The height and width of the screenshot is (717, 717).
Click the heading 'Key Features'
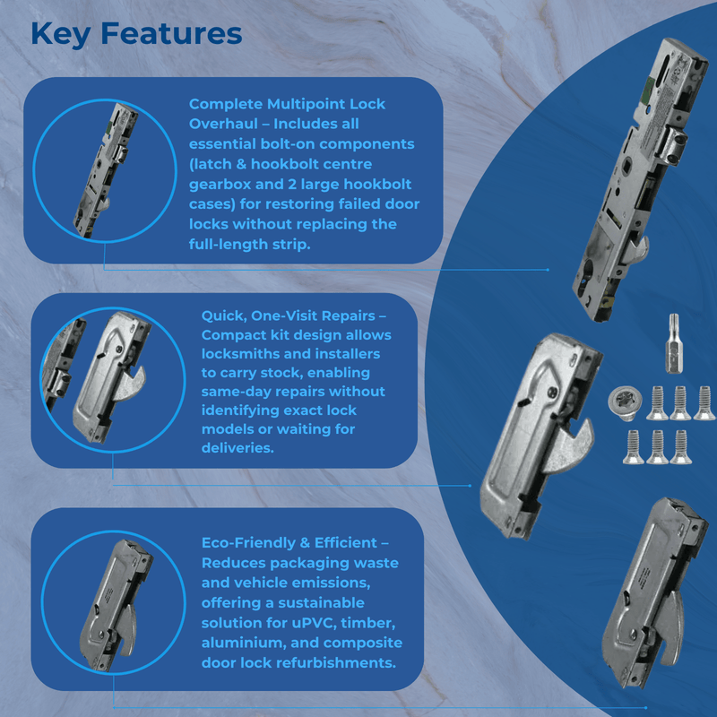click(x=136, y=33)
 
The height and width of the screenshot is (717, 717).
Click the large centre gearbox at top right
click(x=645, y=179)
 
